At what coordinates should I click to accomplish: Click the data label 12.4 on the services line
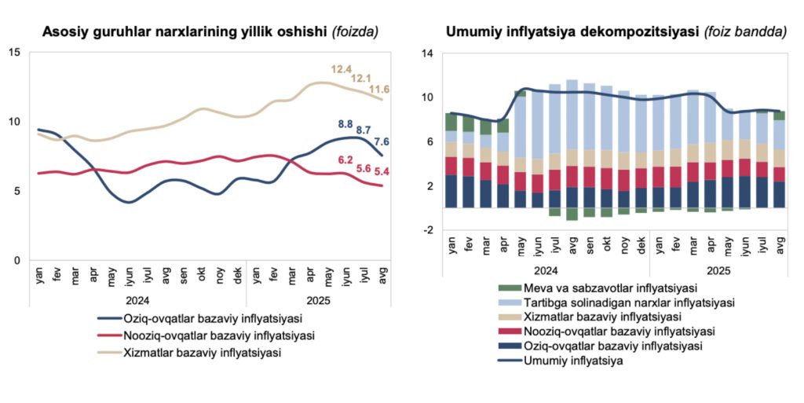341,70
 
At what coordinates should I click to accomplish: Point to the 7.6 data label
382,142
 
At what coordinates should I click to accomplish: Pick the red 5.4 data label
382,171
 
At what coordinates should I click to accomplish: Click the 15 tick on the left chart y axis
15,53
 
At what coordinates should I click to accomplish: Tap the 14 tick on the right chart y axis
428,53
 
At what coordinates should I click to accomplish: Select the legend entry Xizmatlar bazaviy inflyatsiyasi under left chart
202,353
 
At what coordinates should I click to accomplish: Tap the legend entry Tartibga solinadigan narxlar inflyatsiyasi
616,302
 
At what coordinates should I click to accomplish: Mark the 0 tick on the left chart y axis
17,260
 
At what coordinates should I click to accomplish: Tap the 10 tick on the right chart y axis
428,97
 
